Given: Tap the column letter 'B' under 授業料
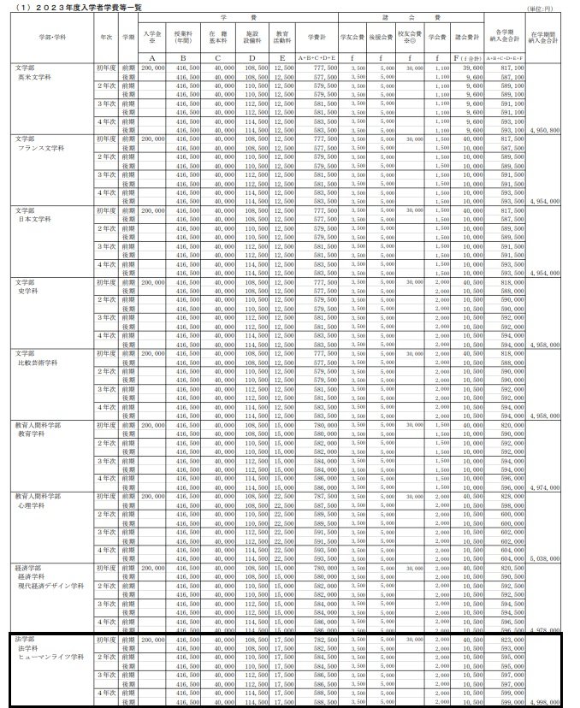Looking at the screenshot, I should [182, 57].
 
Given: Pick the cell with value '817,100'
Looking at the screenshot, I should [512, 67].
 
